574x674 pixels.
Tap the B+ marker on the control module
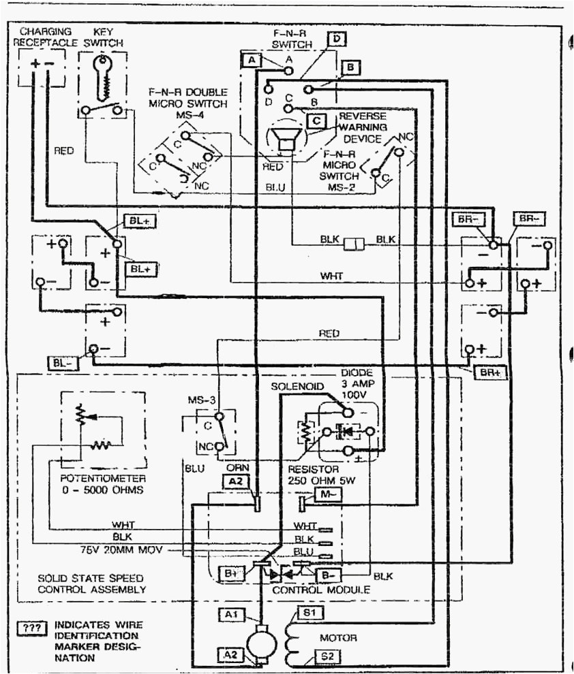230,573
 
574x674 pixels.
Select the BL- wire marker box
61,362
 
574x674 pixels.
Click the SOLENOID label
292,386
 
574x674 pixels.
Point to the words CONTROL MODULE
321,590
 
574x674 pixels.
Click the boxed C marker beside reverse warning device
315,121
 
